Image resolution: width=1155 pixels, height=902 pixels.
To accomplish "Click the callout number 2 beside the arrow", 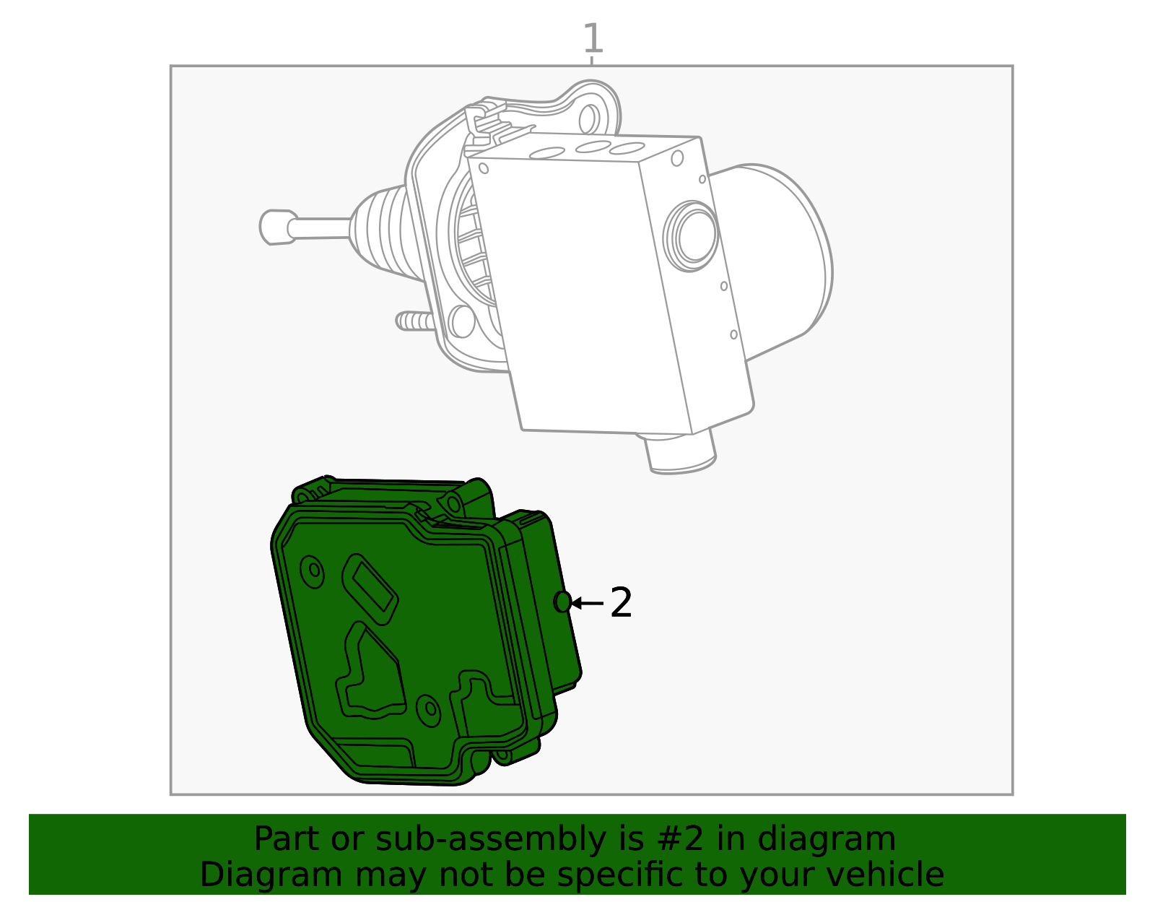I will tap(621, 602).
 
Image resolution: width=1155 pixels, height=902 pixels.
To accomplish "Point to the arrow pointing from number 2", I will tap(586, 602).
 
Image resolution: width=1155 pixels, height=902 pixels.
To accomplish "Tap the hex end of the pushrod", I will tap(275, 227).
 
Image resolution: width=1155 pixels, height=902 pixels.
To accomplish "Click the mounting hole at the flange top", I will tap(588, 119).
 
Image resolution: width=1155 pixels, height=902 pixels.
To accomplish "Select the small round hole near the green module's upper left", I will tap(313, 571).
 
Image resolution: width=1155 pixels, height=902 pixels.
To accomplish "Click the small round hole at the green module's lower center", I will tap(430, 709).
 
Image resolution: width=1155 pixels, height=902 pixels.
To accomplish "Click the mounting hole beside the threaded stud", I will tap(461, 321).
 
